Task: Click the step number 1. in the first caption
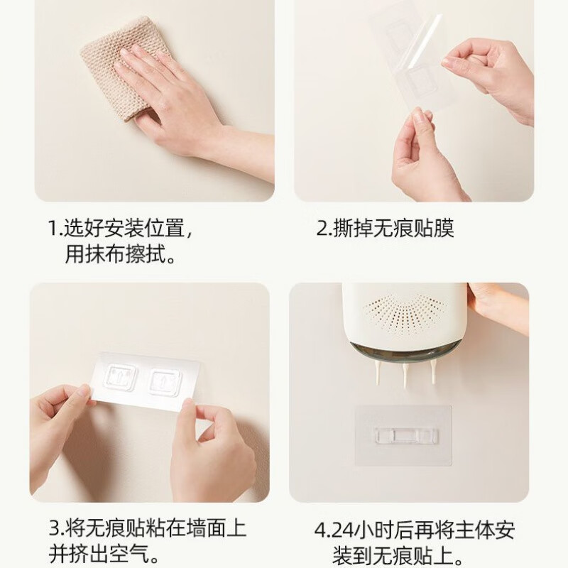55,229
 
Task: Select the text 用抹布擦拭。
121,254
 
